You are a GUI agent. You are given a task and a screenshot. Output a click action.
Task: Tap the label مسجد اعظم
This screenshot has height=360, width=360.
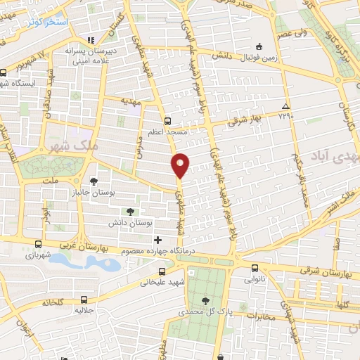pos(167,131)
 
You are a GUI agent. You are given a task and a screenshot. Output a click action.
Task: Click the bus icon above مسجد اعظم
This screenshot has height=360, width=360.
pos(167,120)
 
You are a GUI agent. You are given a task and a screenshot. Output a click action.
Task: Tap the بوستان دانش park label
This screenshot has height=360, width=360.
pos(130,222)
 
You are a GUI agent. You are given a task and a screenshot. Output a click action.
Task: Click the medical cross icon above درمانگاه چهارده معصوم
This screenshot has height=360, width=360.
pos(157,240)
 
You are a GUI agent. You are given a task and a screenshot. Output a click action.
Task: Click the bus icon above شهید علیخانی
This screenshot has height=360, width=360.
pos(162,271)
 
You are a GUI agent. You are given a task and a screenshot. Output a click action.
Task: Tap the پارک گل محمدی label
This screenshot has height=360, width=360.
pos(205,311)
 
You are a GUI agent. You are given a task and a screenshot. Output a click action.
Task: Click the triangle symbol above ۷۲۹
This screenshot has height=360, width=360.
pos(285,105)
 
